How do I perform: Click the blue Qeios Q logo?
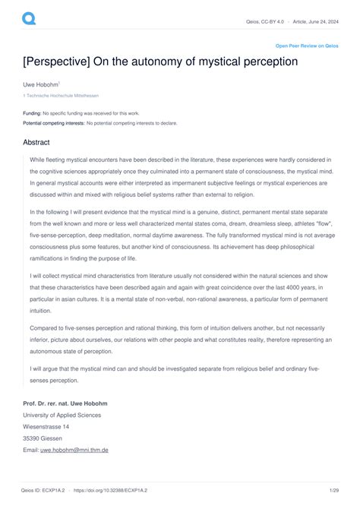point(29,17)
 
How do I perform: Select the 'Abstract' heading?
point(37,141)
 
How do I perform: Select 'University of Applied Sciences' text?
point(62,416)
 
